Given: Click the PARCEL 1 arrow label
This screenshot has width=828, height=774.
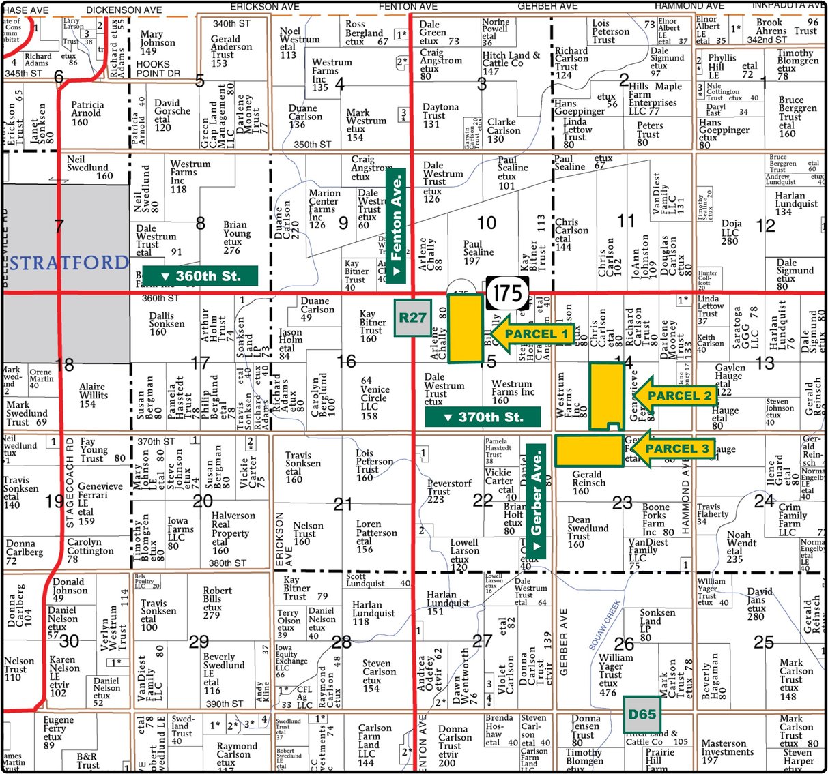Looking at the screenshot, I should click(532, 334).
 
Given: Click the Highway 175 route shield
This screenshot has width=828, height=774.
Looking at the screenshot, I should click(509, 294).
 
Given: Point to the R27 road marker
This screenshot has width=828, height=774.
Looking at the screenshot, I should click(412, 318).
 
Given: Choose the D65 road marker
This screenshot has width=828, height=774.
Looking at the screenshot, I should click(642, 715).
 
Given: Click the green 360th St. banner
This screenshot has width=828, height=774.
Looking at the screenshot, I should click(201, 276).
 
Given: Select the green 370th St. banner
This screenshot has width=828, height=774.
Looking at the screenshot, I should click(483, 417).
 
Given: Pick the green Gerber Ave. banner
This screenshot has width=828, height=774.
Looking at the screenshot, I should click(537, 501).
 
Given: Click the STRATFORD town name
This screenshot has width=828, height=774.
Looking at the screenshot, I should click(69, 263).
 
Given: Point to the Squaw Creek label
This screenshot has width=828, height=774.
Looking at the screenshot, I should click(604, 623).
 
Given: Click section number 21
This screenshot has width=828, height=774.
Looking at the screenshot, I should click(343, 505).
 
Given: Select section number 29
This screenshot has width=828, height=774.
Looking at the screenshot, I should click(199, 642).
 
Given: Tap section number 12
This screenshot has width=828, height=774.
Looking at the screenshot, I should click(766, 225).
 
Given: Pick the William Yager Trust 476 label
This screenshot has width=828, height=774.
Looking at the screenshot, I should click(615, 674).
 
